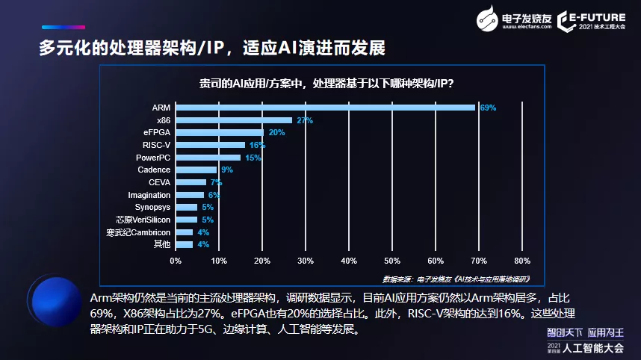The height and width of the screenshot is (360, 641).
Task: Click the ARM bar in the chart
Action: point(325,108)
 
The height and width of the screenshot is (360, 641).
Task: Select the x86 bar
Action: point(234,120)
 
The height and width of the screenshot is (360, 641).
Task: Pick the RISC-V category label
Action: point(156,145)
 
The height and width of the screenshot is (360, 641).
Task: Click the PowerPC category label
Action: point(153,158)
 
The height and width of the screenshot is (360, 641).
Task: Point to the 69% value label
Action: point(488,108)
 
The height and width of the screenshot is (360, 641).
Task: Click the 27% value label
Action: point(305,120)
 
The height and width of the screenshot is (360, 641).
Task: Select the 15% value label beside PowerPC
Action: point(253,158)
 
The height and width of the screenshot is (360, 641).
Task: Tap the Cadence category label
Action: point(154,170)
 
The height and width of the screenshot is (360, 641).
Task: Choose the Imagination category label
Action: point(149,195)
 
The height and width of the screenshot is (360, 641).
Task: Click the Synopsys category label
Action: point(152,207)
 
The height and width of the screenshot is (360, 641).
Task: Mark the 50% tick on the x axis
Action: point(391,261)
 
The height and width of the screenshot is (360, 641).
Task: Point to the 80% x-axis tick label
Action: point(521,261)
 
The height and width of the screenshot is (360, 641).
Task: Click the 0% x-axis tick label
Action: point(176,261)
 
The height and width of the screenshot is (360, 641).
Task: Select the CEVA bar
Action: point(191,182)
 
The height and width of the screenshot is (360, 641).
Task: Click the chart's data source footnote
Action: point(456,279)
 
